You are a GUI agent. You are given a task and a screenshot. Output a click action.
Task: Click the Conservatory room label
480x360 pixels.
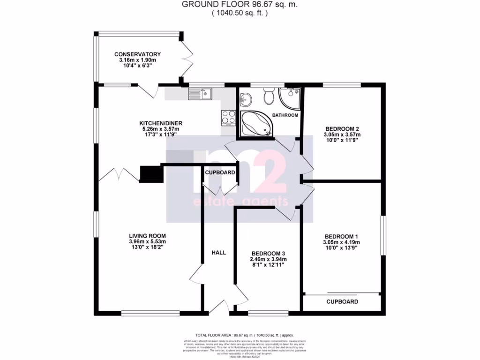click(137, 54)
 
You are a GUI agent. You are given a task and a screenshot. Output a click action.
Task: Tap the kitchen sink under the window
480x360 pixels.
click(200, 94)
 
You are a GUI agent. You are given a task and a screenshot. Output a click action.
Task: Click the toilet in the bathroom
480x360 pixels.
click(269, 97)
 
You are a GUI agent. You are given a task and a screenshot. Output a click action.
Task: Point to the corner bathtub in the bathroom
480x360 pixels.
click(255, 124)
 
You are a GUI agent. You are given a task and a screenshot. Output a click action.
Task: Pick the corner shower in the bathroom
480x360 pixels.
click(290, 97)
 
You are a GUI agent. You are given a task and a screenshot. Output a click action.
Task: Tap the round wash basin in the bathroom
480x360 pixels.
click(246, 99)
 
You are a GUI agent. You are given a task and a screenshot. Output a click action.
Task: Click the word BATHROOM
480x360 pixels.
click(285, 115)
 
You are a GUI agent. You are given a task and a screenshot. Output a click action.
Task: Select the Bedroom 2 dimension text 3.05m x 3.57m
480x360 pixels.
click(342, 135)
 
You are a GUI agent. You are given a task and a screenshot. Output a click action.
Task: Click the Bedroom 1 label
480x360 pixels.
click(342, 236)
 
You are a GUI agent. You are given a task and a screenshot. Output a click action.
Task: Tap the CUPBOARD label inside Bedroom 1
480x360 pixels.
click(342, 302)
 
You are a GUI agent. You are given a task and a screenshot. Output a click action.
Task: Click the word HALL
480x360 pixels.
click(218, 253)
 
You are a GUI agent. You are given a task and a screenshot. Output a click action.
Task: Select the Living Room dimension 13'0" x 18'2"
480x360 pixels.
click(147, 247)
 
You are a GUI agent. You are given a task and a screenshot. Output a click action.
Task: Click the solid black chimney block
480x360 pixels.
click(151, 174)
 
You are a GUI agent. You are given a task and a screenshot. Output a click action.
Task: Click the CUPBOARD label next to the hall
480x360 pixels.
click(220, 172)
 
